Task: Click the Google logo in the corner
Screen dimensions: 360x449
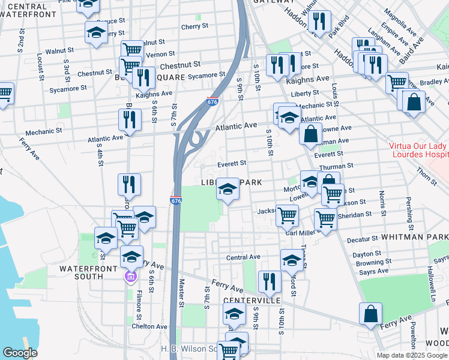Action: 20,353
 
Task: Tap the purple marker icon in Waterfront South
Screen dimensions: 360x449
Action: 130,277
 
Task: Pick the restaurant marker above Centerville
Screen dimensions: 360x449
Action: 270,282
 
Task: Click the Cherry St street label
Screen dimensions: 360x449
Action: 194,26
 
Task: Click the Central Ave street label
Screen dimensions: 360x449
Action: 242,257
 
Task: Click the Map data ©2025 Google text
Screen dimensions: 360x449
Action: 412,355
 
